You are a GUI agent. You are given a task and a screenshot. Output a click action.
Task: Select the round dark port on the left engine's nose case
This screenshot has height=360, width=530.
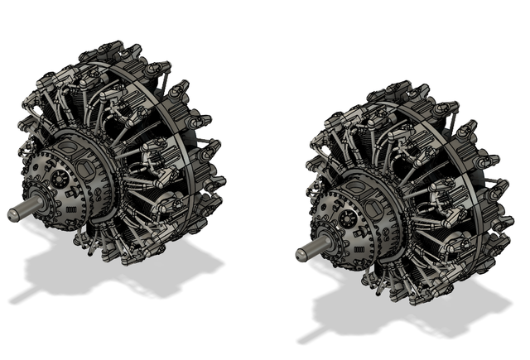[60, 177]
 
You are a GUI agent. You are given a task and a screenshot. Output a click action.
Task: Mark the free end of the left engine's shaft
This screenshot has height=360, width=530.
[12, 214]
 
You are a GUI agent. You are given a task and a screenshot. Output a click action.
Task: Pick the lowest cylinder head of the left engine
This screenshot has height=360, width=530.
[124, 257]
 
